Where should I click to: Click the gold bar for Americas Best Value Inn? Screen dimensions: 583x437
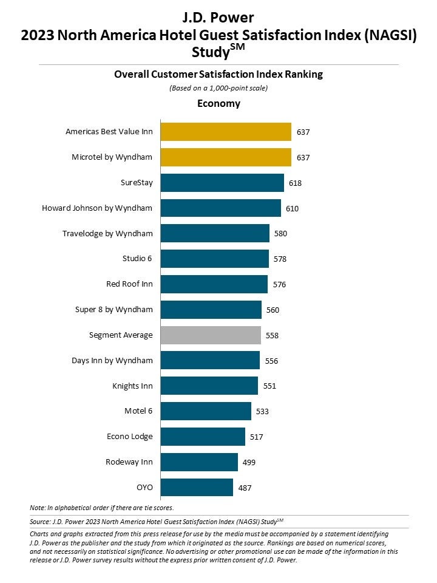pyautogui.click(x=226, y=132)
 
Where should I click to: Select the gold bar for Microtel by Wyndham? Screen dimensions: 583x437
pyautogui.click(x=226, y=157)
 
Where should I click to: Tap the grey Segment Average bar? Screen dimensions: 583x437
pyautogui.click(x=211, y=335)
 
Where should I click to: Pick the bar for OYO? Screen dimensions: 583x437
pyautogui.click(x=197, y=487)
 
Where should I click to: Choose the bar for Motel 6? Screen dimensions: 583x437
pyautogui.click(x=206, y=411)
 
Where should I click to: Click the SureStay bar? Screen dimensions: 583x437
pyautogui.click(x=222, y=183)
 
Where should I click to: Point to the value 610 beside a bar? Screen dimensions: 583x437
pyautogui.click(x=292, y=208)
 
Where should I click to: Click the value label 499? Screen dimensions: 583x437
pyautogui.click(x=249, y=462)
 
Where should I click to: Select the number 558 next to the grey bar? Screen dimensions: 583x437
pyautogui.click(x=273, y=335)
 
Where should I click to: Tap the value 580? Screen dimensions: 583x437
pyautogui.click(x=280, y=234)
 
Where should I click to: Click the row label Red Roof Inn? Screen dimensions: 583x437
pyautogui.click(x=129, y=284)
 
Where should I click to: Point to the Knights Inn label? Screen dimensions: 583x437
pyautogui.click(x=132, y=386)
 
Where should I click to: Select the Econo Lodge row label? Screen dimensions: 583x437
pyautogui.click(x=129, y=437)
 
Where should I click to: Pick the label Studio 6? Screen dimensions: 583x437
pyautogui.click(x=137, y=259)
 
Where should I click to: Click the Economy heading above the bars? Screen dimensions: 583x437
pyautogui.click(x=218, y=103)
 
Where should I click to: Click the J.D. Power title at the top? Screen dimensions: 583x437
pyautogui.click(x=218, y=17)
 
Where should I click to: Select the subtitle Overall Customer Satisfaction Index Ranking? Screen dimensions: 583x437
pyautogui.click(x=218, y=74)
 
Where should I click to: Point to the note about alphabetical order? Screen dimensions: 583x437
pyautogui.click(x=101, y=507)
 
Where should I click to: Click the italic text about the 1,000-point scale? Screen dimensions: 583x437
pyautogui.click(x=218, y=88)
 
